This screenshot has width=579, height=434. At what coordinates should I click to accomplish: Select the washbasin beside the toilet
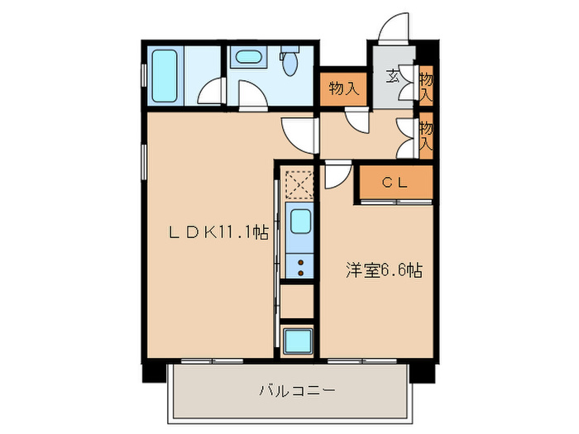point(246,58)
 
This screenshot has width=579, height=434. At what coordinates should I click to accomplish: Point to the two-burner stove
point(299,266)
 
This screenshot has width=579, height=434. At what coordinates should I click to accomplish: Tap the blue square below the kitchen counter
point(297,340)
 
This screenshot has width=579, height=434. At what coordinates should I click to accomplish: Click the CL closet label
point(394,184)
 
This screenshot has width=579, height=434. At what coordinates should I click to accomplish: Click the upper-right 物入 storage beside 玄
point(425,85)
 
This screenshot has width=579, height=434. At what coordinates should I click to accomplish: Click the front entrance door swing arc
point(394,26)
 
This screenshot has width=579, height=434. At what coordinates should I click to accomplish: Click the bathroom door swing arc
point(214,92)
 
